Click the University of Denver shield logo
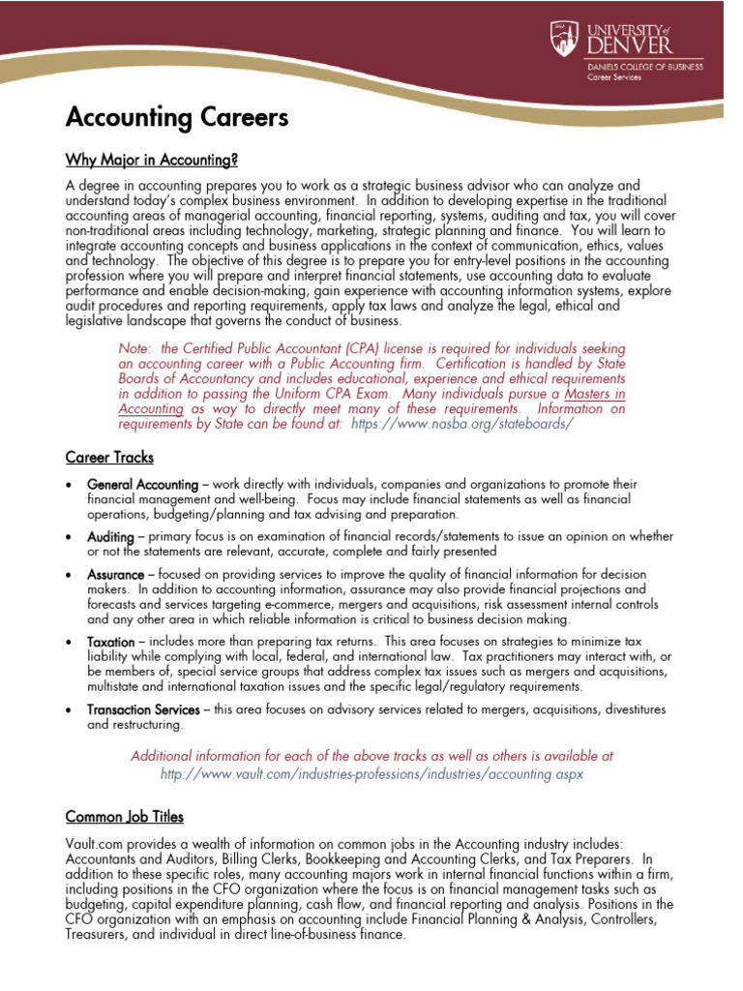coord(565,39)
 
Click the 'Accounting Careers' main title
coord(176,118)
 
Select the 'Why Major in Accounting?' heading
coord(151,159)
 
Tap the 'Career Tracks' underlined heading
coord(109,457)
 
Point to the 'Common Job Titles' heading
coord(124,817)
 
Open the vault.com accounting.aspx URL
coord(372,774)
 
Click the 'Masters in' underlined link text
coord(594,395)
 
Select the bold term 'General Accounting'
coord(141,484)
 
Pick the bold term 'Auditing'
coord(109,536)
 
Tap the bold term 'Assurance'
coord(115,575)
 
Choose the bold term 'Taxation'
coord(110,643)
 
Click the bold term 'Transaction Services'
coord(143,709)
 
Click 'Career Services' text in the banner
coord(615,76)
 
